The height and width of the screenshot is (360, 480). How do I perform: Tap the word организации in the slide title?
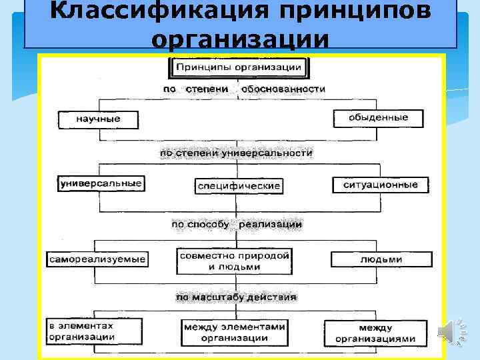point(240,38)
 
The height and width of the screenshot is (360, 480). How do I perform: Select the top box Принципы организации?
point(239,67)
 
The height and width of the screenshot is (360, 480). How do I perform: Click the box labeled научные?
point(98,119)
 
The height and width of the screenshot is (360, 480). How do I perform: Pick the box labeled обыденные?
point(379,118)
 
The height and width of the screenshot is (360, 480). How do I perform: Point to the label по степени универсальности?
point(235,153)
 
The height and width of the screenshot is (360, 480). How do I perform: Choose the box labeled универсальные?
point(101,183)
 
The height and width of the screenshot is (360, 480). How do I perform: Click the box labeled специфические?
point(239,185)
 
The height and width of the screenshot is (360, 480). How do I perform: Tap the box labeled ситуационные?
point(380,184)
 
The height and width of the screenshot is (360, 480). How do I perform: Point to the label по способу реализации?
point(237,225)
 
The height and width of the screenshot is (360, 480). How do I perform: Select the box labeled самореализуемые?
point(97,259)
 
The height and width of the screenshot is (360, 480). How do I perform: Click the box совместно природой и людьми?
point(234,261)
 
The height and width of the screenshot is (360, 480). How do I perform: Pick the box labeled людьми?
point(380,259)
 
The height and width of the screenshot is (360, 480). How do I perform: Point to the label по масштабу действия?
point(236,297)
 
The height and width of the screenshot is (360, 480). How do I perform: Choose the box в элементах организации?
point(93,331)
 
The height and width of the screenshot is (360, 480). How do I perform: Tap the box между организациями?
point(375,333)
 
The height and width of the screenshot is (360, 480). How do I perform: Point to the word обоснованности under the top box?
point(284,88)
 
